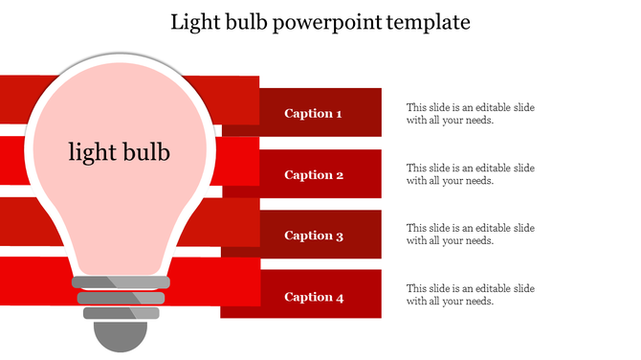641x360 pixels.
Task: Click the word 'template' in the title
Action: [x=426, y=21]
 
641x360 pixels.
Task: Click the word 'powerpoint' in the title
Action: [x=323, y=22]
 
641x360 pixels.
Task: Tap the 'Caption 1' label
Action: [x=313, y=114]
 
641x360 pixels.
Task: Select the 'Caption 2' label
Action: [x=313, y=175]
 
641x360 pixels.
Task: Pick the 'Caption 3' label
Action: [x=313, y=236]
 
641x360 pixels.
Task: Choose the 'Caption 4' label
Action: [x=313, y=297]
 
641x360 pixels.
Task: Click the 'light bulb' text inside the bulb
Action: [x=119, y=151]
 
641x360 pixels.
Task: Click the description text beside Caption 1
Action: [x=470, y=114]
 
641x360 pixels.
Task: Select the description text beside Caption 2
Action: [x=470, y=174]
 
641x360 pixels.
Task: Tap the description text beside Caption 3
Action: [x=470, y=235]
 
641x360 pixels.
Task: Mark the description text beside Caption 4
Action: [x=470, y=295]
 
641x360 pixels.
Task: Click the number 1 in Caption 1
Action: [x=339, y=114]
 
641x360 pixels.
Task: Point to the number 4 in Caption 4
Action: [x=339, y=297]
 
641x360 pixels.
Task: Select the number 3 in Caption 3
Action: [x=339, y=236]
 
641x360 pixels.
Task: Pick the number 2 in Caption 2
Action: [x=339, y=175]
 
